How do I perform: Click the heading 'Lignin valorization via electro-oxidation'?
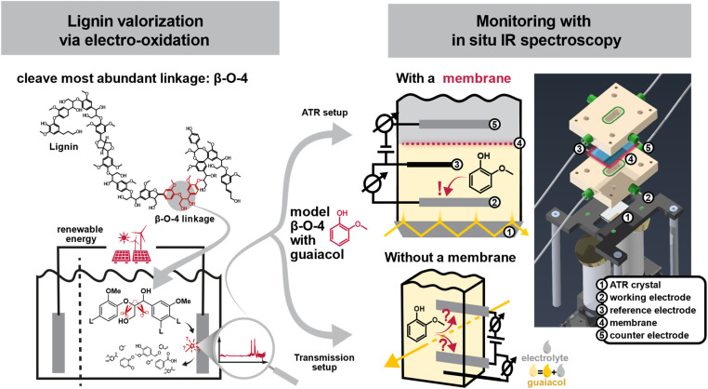[x=134, y=31]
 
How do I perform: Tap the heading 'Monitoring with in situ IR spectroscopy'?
[x=536, y=31]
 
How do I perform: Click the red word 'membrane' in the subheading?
[x=477, y=78]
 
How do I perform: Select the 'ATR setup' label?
[x=324, y=113]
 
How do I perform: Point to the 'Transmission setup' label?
[x=324, y=362]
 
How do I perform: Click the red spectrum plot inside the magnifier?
[x=243, y=351]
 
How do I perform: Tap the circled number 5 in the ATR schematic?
[x=495, y=124]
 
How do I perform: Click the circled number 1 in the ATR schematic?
[x=509, y=232]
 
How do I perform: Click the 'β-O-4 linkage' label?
[x=185, y=219]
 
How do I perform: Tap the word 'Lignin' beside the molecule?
[x=64, y=147]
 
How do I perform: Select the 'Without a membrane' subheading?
[x=451, y=258]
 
